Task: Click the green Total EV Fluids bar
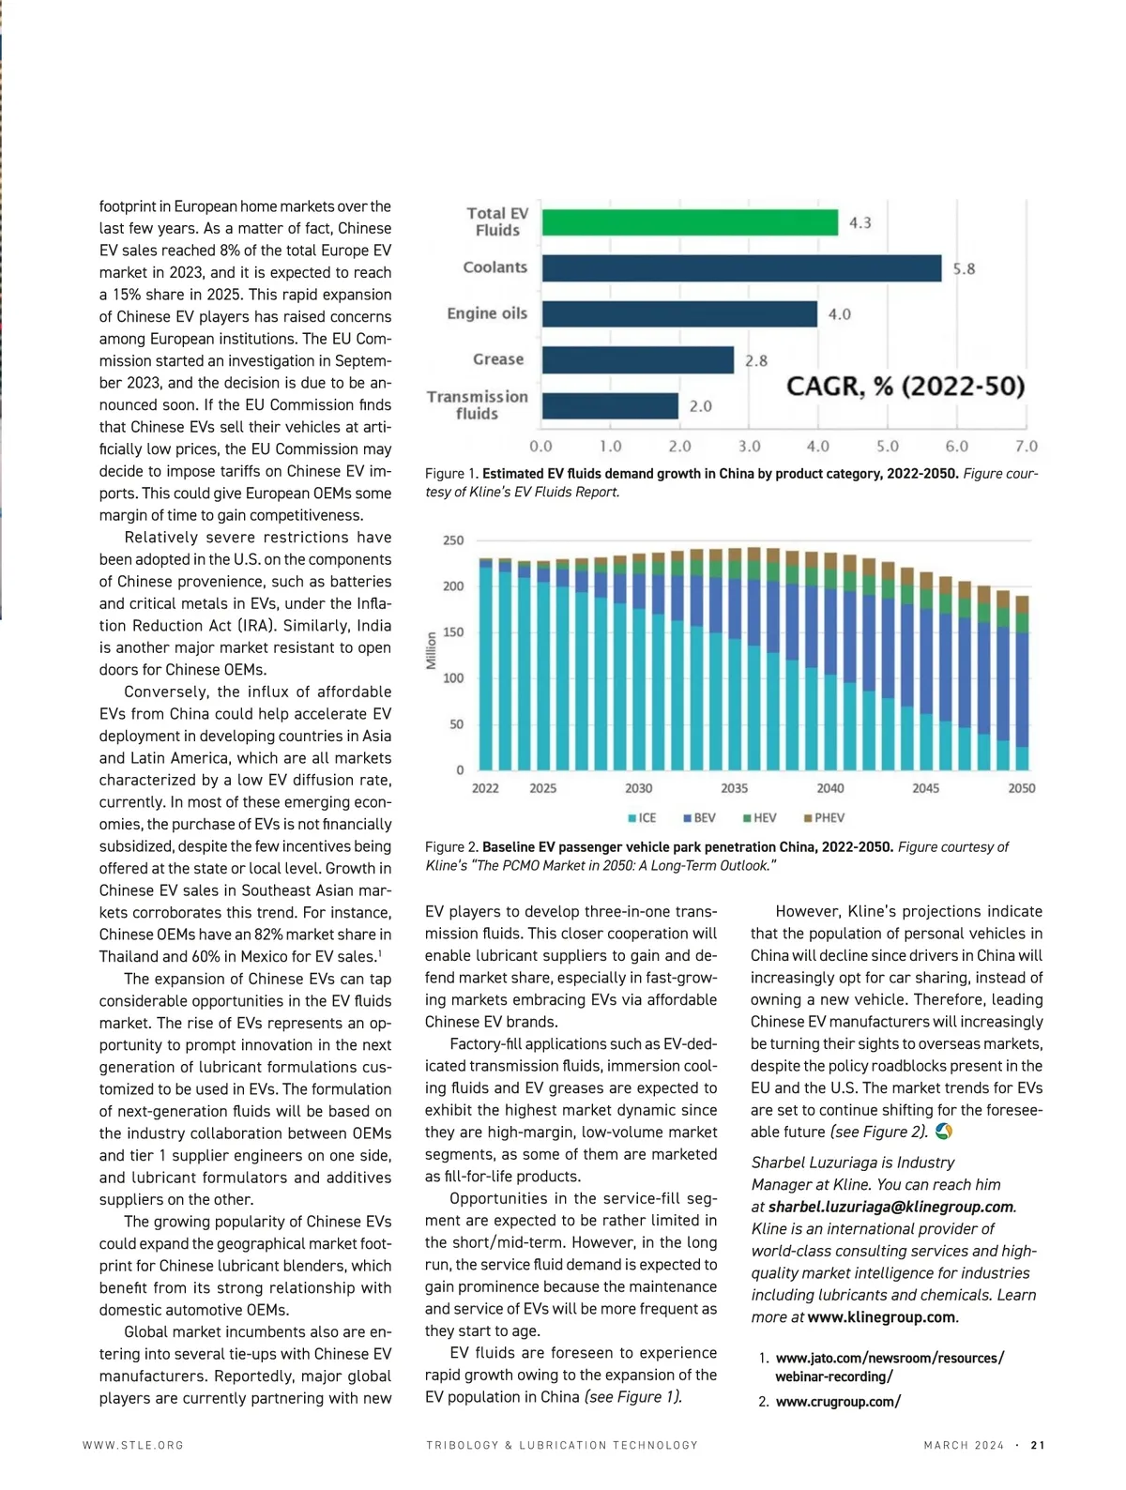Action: [x=690, y=222]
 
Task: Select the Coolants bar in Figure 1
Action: [x=741, y=268]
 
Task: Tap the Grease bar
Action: [x=638, y=360]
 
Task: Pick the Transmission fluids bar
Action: [x=610, y=406]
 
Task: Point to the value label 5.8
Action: [x=964, y=269]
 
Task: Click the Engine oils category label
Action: [x=487, y=313]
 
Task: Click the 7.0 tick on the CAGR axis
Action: [x=1026, y=447]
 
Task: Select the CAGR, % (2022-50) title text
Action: [x=905, y=387]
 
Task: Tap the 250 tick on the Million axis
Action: [x=453, y=540]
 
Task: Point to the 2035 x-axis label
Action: [x=734, y=788]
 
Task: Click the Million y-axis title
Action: [x=432, y=650]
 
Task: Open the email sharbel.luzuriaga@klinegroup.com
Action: [x=890, y=1208]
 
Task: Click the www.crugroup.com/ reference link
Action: [x=838, y=1402]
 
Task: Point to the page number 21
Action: [x=1038, y=1446]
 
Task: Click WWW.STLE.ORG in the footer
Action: [x=133, y=1446]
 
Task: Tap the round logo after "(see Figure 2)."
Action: [x=944, y=1133]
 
